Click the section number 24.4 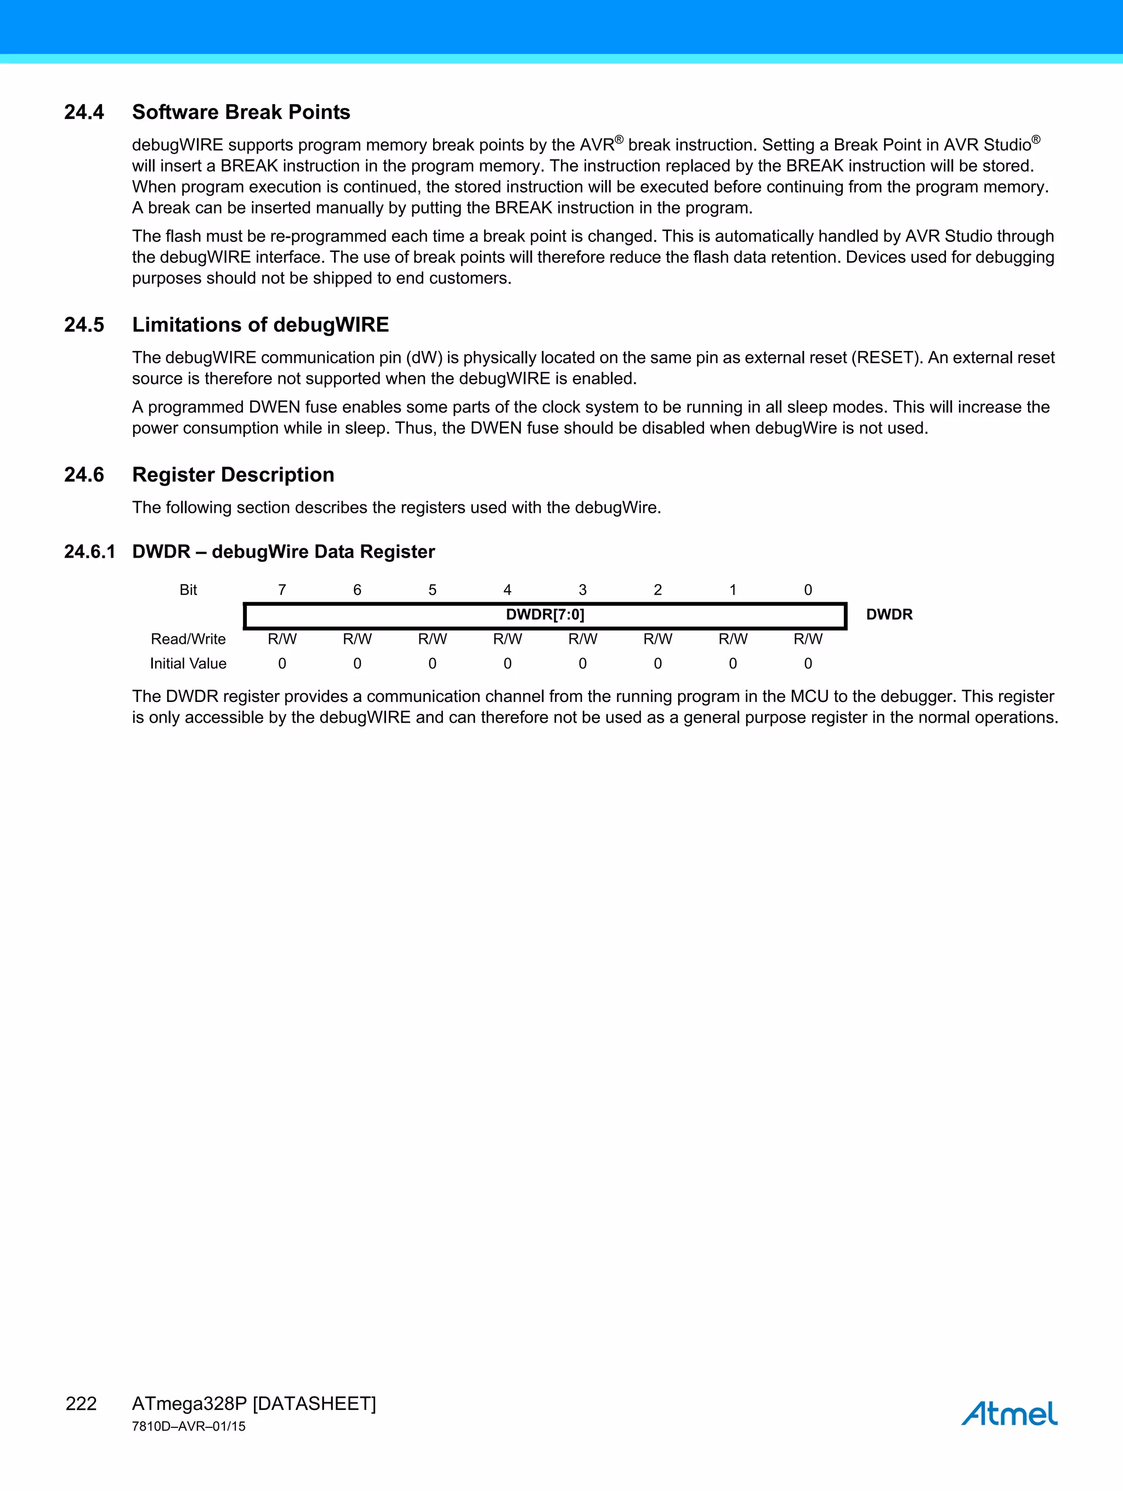[84, 112]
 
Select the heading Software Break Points [241, 112]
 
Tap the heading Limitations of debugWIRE [260, 325]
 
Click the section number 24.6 [84, 474]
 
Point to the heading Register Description [232, 474]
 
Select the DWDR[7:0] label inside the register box [545, 614]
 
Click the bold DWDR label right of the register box [889, 614]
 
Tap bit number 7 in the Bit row [282, 590]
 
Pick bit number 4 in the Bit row [508, 590]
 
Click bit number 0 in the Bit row [808, 590]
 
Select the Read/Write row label [188, 639]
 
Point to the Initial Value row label [188, 664]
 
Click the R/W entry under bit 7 [282, 639]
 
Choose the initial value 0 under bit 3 [582, 664]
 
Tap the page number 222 [81, 1403]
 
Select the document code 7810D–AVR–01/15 [189, 1426]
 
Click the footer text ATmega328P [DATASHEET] [253, 1403]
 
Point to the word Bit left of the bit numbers [188, 590]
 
